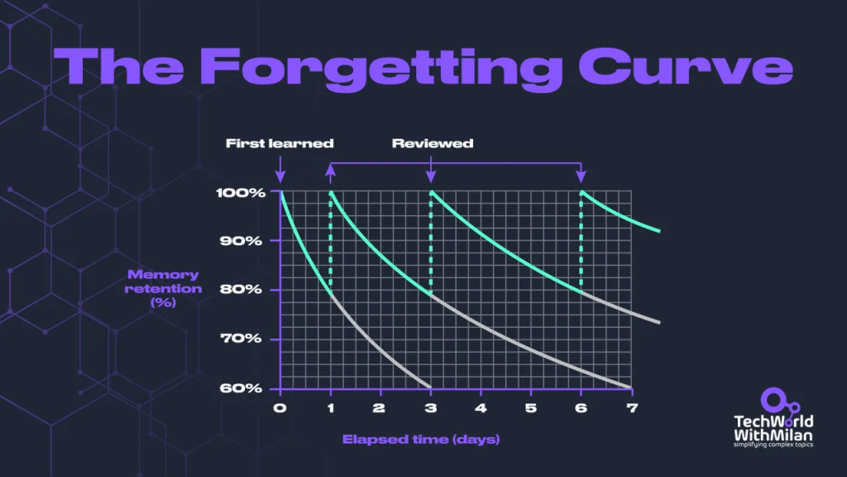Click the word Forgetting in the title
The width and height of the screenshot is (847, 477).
point(382,70)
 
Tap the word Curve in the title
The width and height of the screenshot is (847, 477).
point(686,66)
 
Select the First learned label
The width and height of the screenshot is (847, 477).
point(280,143)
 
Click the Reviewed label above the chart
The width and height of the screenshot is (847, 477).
point(433,143)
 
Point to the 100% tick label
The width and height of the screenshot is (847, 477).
point(241,192)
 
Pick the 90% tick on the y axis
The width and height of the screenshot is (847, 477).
point(241,241)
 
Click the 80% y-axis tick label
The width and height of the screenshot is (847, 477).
point(241,289)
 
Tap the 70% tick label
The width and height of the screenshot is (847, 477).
point(241,339)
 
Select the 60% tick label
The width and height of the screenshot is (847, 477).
point(241,388)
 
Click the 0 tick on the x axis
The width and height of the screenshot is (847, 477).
point(280,407)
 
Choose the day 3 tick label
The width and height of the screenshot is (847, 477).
point(430,407)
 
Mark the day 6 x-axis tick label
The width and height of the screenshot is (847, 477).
point(581,407)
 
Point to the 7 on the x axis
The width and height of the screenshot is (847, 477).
point(632,407)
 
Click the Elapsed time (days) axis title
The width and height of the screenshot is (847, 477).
point(421,439)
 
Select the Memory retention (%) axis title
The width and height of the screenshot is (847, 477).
point(163,289)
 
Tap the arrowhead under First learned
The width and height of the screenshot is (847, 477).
point(280,176)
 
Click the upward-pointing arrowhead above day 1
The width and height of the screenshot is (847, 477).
point(331,171)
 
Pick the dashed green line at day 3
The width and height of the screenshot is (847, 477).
point(430,243)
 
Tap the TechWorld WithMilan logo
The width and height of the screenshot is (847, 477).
point(773,417)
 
